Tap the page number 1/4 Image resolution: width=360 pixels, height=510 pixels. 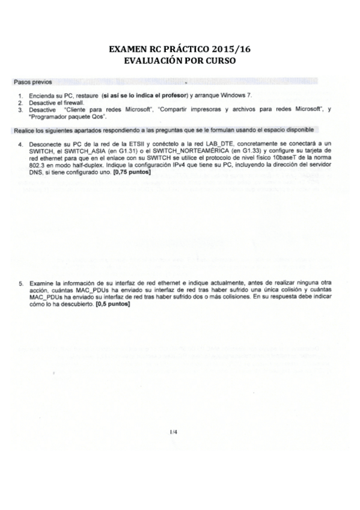point(174,431)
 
